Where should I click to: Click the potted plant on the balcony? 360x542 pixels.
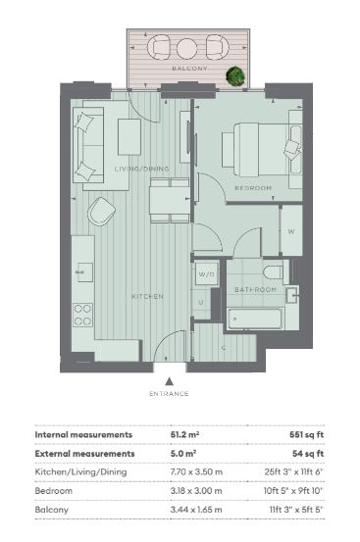point(235,75)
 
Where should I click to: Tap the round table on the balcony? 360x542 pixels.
point(186,49)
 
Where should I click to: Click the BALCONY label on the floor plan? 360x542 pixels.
point(190,69)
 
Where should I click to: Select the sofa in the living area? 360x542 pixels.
point(88,145)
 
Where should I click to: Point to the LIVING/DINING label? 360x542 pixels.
point(142,169)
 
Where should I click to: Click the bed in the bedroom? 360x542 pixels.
point(262,150)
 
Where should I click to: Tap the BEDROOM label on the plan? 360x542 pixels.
point(253,188)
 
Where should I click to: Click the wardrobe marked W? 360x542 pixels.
point(291,231)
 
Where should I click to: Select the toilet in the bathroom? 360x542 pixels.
point(276,272)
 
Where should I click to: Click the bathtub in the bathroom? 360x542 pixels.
point(256,319)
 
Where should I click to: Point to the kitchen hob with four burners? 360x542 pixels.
point(83,315)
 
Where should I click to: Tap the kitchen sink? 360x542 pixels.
point(84,272)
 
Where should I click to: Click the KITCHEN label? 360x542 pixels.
point(147,297)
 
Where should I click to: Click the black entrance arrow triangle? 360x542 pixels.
point(169,381)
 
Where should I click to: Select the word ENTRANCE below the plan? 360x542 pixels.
point(169,394)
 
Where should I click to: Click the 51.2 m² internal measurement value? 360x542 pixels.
point(184,434)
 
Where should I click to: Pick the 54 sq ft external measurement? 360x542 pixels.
point(308,454)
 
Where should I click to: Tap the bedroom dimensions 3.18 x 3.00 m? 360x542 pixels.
point(196,491)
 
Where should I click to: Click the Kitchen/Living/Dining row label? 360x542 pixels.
point(80,472)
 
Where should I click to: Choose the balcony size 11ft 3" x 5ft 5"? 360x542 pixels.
point(296,510)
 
